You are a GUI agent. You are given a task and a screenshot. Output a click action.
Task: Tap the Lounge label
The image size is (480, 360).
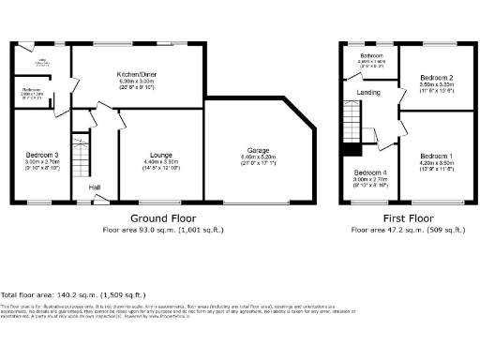click(x=157, y=156)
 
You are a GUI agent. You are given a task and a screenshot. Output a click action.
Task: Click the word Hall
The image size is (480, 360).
click(x=95, y=187)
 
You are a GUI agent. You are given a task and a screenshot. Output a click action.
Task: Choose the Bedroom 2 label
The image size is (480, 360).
click(x=437, y=77)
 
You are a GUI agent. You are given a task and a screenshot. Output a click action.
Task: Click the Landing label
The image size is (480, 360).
click(x=369, y=92)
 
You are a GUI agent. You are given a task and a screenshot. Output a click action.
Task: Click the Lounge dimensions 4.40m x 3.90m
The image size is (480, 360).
click(x=157, y=162)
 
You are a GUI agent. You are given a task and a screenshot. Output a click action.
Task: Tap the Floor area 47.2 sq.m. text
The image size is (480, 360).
click(x=406, y=229)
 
